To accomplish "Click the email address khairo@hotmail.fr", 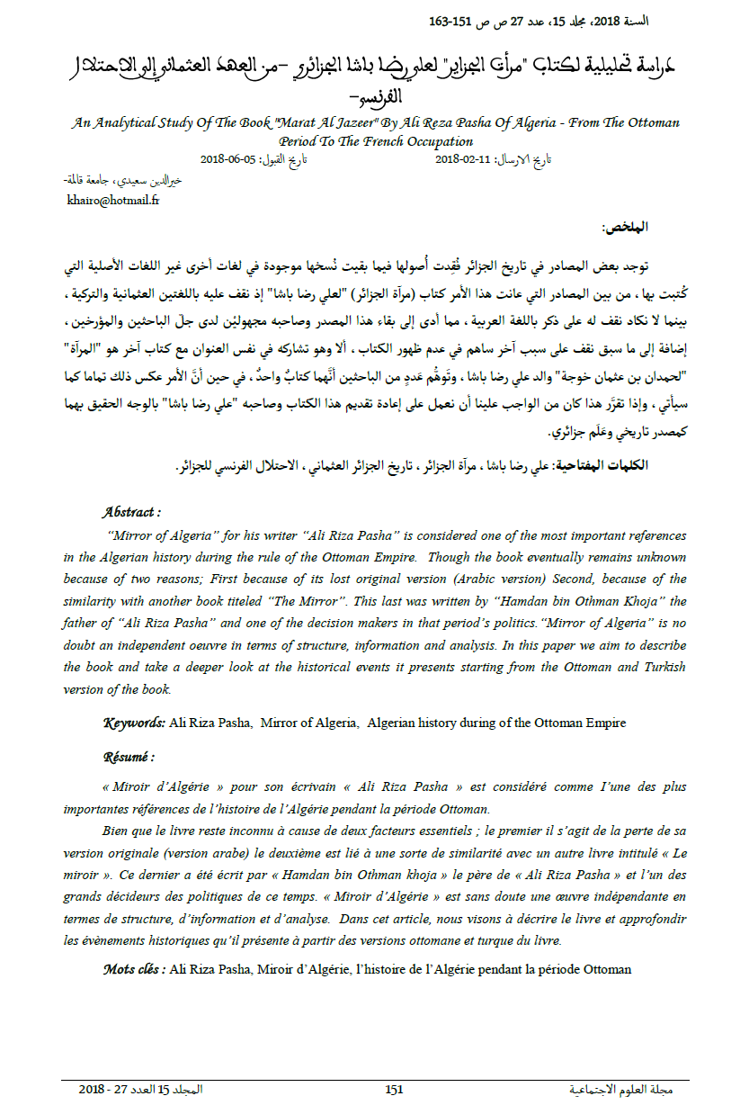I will [x=113, y=201].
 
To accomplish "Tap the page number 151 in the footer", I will [x=394, y=1090].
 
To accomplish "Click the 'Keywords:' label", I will [x=133, y=723].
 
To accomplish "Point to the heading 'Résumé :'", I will [x=129, y=757].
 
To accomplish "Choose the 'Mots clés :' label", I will [x=134, y=969].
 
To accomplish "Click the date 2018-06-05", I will [x=228, y=159].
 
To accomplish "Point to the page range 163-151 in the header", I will [x=455, y=20].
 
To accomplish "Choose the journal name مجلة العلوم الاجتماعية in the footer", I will [x=621, y=1090].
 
